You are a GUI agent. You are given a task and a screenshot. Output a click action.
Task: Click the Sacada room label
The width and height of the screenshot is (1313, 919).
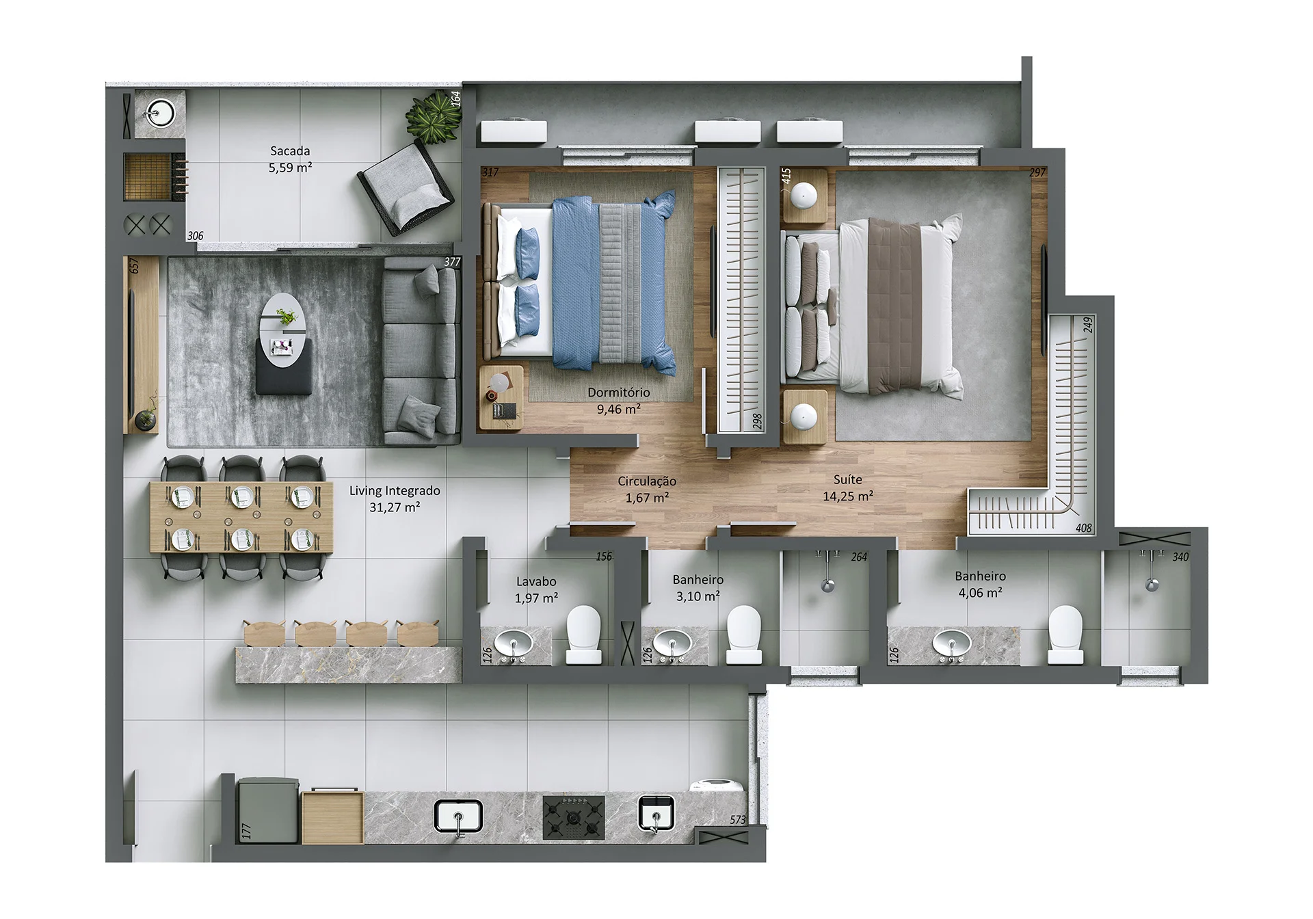290,151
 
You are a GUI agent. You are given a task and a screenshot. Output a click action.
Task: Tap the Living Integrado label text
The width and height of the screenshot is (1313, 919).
395,491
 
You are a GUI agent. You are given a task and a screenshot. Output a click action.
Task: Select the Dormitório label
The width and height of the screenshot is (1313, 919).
619,392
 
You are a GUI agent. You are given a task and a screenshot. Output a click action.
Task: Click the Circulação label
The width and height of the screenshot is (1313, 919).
647,481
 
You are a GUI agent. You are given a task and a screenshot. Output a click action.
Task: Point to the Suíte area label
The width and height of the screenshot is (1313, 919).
847,480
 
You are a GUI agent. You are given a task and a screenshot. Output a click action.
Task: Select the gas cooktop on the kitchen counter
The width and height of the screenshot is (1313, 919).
574,817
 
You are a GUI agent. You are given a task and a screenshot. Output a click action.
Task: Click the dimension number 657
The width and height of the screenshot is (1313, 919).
135,266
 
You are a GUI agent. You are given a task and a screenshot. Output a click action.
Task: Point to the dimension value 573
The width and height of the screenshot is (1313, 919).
737,820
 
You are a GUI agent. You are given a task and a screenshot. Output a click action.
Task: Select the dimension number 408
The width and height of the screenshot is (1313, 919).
1083,528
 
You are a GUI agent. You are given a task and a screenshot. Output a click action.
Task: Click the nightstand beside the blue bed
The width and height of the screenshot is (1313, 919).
501,397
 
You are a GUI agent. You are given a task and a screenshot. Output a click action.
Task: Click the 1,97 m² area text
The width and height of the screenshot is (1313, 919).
536,598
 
